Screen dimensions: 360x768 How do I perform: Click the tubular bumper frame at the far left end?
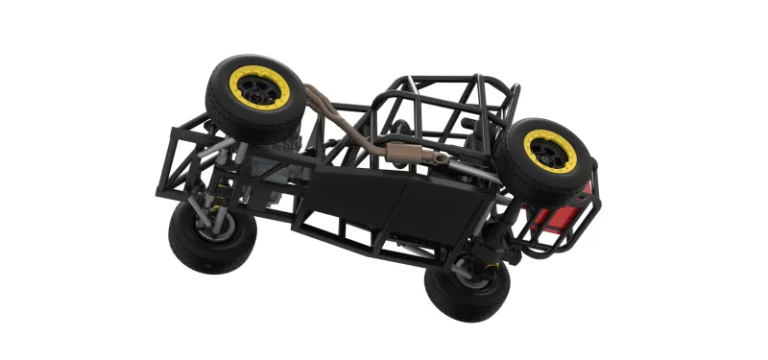point(178,158)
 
